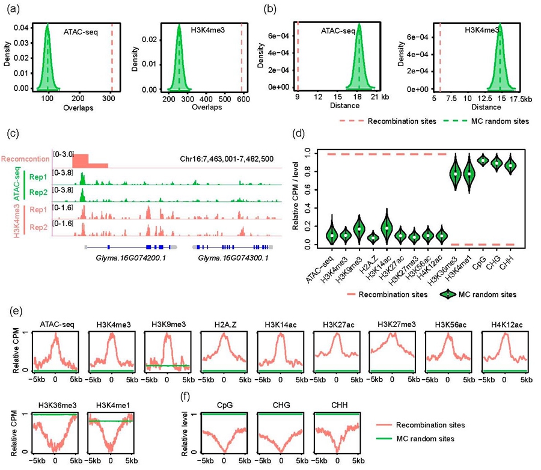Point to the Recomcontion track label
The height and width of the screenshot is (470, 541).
point(25,159)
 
